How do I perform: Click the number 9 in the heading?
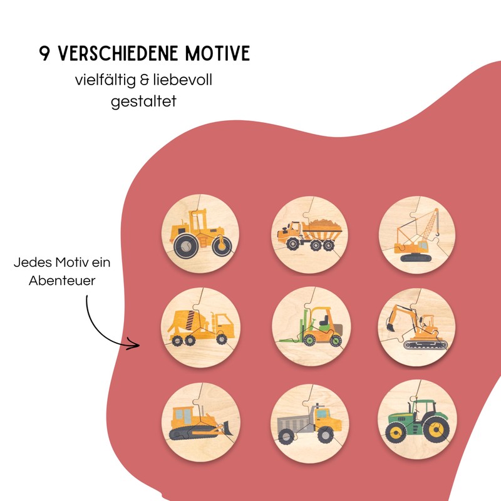(x=44, y=54)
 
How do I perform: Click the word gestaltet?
(x=143, y=100)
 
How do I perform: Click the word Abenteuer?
(x=62, y=281)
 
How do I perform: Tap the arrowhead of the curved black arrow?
(x=133, y=343)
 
